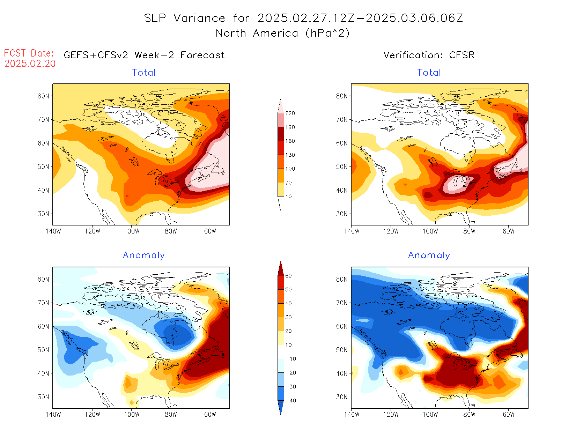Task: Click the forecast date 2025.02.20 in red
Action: click(x=30, y=64)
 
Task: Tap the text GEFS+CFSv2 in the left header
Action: click(x=96, y=55)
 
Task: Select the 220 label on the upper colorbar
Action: click(x=290, y=113)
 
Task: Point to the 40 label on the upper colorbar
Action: click(x=288, y=196)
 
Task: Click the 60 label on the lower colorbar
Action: click(x=288, y=276)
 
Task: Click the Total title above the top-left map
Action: click(x=144, y=73)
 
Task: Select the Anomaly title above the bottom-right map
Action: click(x=429, y=255)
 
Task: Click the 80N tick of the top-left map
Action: click(x=43, y=96)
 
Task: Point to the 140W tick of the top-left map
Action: click(x=53, y=231)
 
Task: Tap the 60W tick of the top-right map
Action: click(x=509, y=231)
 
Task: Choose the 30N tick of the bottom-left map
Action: click(x=43, y=397)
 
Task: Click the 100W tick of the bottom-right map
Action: click(x=430, y=414)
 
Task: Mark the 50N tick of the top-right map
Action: click(x=342, y=166)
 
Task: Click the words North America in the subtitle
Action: click(x=257, y=33)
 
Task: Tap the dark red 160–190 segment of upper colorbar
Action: click(x=281, y=134)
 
